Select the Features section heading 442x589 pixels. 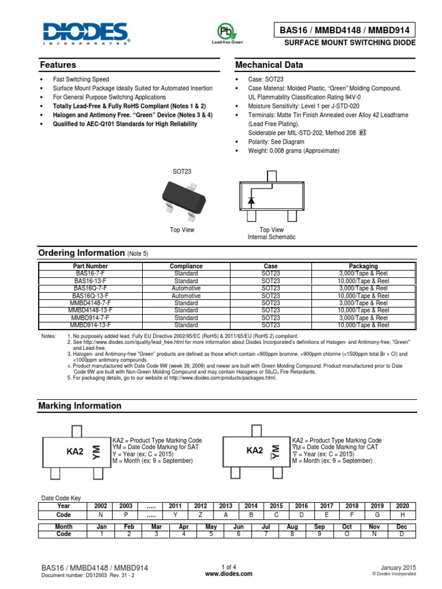(x=57, y=65)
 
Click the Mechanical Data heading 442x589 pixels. (x=269, y=65)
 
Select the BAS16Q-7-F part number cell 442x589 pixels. (x=90, y=288)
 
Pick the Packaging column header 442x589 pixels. (x=363, y=266)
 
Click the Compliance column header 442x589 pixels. (x=186, y=266)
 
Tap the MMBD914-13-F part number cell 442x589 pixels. (x=90, y=325)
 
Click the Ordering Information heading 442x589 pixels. (x=81, y=253)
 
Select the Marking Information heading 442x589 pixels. (x=79, y=406)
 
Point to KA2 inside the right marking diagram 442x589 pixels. (x=254, y=450)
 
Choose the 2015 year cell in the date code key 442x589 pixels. (x=277, y=506)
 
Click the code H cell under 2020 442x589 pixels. (x=402, y=515)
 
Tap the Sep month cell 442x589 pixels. (x=320, y=526)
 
